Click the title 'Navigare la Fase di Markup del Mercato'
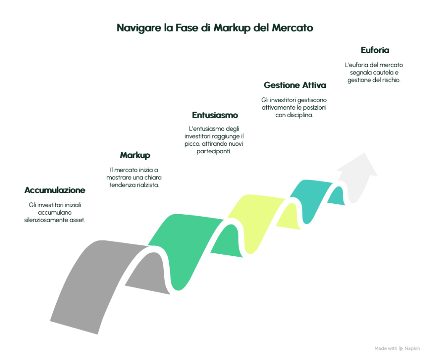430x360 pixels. [x=215, y=29]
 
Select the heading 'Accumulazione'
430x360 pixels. [x=55, y=190]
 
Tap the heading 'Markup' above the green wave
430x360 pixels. [x=135, y=155]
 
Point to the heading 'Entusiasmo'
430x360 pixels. [x=215, y=115]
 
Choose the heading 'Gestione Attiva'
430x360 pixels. [x=295, y=85]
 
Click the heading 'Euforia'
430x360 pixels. [x=375, y=50]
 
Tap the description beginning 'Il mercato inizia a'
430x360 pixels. [x=135, y=177]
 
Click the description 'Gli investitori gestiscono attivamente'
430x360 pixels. [x=295, y=108]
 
